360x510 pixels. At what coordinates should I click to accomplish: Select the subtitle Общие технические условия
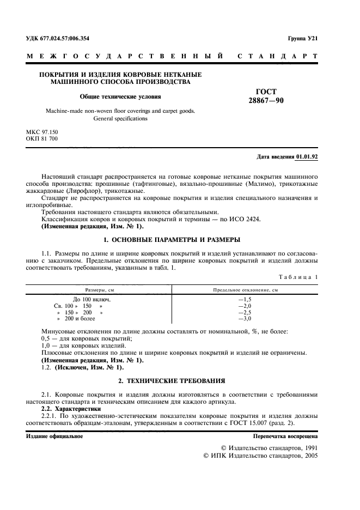[x=120, y=97]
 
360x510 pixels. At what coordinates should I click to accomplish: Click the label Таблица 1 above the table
[x=298, y=277]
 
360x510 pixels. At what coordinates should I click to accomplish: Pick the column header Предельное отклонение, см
[x=245, y=290]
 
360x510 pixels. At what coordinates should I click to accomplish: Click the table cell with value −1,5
[x=245, y=299]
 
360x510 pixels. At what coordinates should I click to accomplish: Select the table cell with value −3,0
[x=245, y=318]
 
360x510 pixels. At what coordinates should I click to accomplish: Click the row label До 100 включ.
[x=92, y=299]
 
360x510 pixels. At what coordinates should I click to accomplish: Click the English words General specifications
[x=120, y=118]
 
